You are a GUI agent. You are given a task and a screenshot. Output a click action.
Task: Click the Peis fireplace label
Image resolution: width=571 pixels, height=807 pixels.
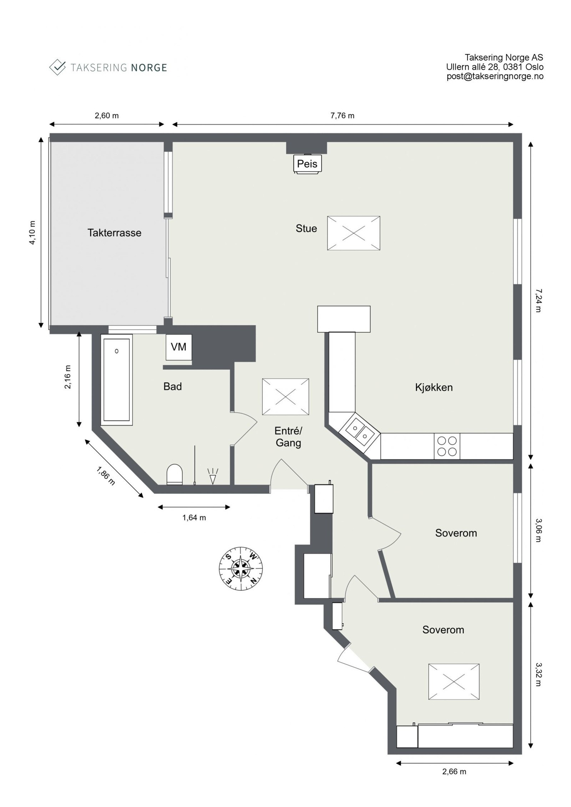(x=307, y=164)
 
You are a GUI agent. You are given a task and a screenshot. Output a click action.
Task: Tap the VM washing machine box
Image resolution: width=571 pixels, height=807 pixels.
(x=179, y=347)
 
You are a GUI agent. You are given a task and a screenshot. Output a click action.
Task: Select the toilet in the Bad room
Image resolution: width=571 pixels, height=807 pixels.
(x=175, y=474)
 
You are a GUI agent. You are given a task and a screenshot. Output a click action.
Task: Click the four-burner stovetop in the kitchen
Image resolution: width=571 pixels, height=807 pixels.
(x=447, y=446)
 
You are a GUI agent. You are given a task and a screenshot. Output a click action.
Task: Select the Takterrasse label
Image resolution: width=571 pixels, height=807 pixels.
(x=114, y=233)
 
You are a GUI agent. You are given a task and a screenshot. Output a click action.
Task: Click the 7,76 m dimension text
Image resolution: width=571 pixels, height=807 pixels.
(x=342, y=116)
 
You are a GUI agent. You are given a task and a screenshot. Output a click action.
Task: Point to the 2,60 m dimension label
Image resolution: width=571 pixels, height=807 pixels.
(x=106, y=116)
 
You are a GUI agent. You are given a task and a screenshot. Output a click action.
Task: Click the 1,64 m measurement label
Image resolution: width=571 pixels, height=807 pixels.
(x=194, y=518)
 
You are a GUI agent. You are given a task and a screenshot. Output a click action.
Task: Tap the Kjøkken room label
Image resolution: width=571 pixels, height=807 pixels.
(x=434, y=387)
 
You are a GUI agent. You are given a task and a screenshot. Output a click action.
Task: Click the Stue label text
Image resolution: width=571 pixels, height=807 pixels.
(x=306, y=228)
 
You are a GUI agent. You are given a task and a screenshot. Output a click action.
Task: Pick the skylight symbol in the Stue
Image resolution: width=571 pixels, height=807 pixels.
(x=353, y=233)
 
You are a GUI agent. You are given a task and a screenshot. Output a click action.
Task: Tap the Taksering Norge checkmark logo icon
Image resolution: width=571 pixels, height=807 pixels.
(x=57, y=67)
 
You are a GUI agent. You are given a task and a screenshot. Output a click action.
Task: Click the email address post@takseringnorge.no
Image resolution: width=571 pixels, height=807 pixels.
(x=495, y=76)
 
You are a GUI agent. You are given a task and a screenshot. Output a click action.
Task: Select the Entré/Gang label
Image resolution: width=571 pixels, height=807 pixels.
(x=288, y=437)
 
